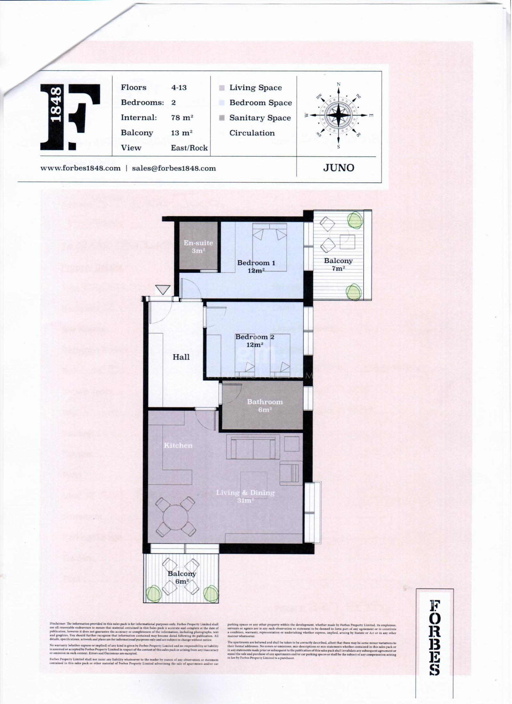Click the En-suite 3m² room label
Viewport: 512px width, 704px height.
(x=198, y=247)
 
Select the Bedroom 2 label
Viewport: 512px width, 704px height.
(x=255, y=341)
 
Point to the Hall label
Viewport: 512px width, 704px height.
(x=181, y=357)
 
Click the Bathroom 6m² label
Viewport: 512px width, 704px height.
(x=265, y=405)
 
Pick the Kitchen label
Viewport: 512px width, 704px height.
(x=178, y=445)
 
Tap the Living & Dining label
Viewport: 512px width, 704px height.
(x=245, y=496)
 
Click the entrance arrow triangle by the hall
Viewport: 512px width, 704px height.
(x=163, y=290)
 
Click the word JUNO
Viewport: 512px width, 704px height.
(x=339, y=168)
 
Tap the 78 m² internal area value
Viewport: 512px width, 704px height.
(x=182, y=117)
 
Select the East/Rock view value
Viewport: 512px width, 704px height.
(x=189, y=148)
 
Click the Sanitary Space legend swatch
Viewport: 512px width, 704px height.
(x=222, y=118)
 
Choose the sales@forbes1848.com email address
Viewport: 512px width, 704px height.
(x=174, y=168)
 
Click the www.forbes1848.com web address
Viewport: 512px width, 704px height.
(x=80, y=168)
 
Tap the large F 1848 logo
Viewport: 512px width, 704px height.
(x=70, y=117)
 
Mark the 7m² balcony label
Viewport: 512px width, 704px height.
(x=338, y=264)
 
